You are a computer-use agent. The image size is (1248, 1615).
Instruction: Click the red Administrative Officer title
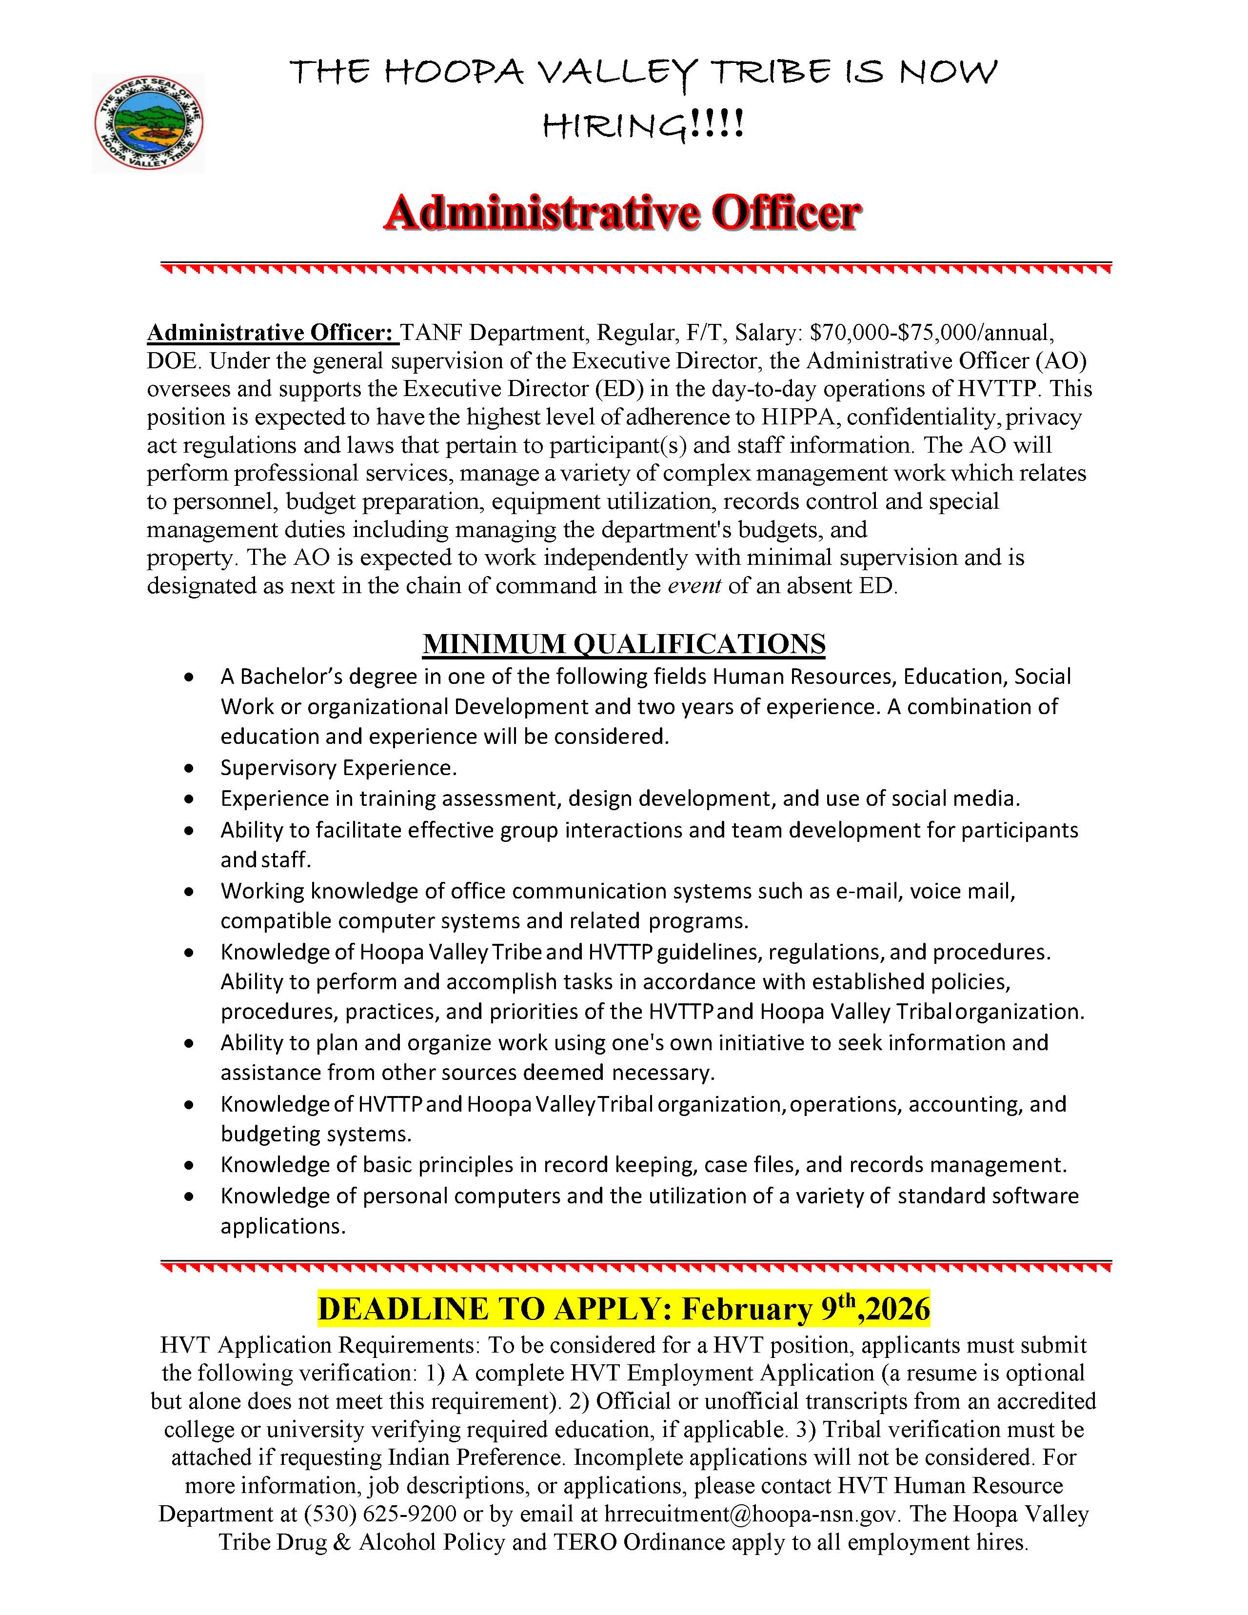tap(622, 214)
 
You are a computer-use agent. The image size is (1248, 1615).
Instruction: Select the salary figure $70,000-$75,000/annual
tap(928, 333)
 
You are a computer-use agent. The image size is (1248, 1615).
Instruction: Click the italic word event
tap(694, 586)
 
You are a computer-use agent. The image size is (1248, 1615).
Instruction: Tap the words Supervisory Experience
tap(338, 768)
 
